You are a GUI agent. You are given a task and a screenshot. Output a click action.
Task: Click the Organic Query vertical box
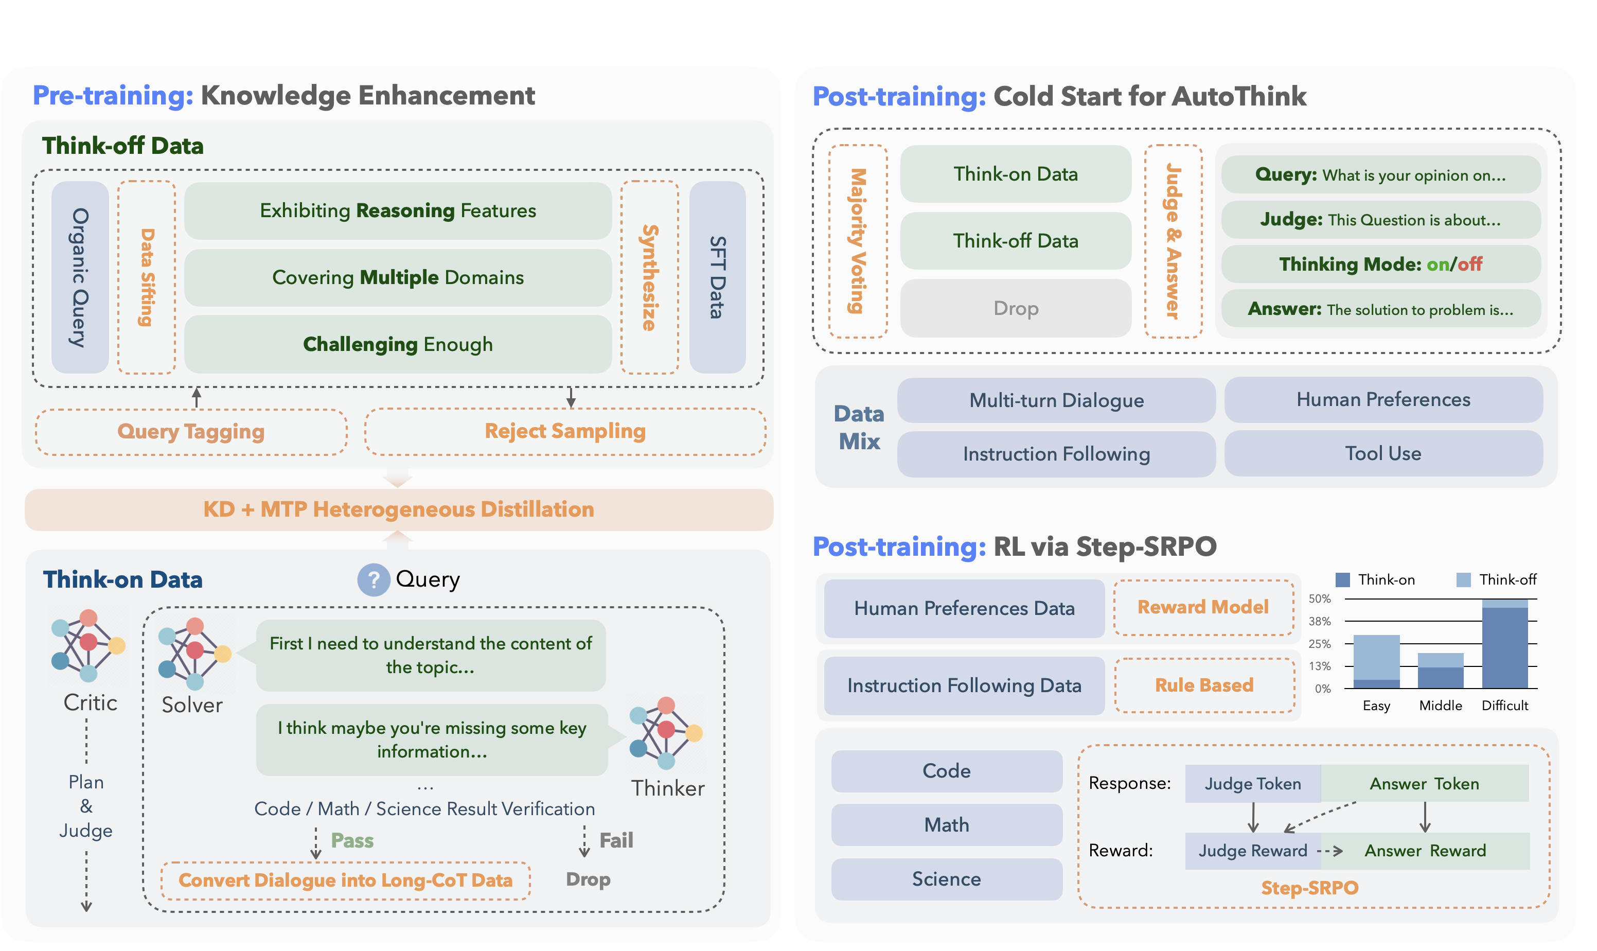(80, 277)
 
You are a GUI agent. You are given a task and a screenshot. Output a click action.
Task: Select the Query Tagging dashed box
(191, 432)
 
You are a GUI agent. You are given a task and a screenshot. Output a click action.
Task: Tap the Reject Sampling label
(565, 431)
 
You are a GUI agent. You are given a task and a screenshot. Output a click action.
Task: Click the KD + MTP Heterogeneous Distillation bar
(398, 509)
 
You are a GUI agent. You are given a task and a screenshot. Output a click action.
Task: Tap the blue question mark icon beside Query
(374, 580)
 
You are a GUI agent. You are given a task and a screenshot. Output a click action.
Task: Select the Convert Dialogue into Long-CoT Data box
(345, 880)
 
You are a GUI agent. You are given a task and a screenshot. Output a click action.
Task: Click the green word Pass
(352, 840)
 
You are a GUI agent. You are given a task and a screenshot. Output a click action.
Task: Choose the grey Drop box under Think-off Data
(1015, 308)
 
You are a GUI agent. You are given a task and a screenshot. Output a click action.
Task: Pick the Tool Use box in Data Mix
(1383, 454)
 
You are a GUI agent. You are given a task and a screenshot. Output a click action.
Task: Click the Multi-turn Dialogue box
(1056, 400)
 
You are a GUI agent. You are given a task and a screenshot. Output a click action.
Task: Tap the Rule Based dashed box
(1204, 685)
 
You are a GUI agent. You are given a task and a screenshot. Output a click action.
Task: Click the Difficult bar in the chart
(1505, 644)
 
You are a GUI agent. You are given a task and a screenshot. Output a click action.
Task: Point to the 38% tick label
(1320, 621)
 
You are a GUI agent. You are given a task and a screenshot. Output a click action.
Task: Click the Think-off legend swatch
(1464, 580)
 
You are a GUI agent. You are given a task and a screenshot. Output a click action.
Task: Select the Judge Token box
(1252, 784)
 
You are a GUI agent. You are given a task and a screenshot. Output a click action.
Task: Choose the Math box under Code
(946, 825)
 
